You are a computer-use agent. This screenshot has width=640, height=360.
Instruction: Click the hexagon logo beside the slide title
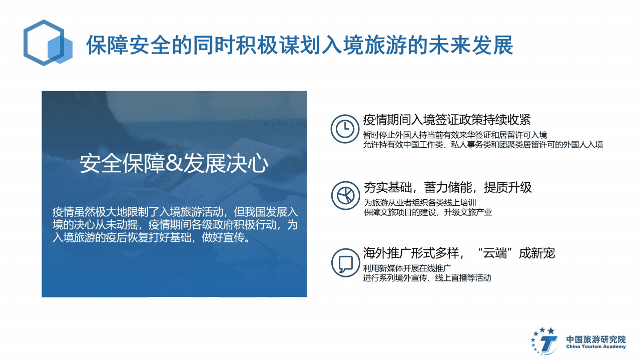point(48,43)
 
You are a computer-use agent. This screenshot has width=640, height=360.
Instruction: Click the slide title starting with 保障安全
point(299,46)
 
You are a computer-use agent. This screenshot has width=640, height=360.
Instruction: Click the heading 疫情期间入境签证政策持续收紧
point(447,120)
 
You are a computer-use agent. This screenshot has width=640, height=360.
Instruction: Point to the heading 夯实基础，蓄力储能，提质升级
point(447,188)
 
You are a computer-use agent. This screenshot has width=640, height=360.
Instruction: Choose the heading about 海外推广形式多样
point(459,253)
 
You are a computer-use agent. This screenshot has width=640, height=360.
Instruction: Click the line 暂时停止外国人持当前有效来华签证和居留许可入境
point(455,135)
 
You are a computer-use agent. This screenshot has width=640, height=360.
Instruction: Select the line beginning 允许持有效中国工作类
point(483,145)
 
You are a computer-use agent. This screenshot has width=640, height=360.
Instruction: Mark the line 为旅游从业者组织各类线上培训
point(419,203)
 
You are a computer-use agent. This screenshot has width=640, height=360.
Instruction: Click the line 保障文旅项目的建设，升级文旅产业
point(427,212)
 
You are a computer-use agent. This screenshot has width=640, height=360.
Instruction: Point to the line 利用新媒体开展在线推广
point(408,268)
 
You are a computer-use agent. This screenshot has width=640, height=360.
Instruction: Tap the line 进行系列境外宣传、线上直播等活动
point(427,278)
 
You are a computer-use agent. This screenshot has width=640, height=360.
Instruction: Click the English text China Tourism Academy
point(595,346)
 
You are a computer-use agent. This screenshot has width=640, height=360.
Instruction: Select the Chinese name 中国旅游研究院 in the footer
point(595,339)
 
